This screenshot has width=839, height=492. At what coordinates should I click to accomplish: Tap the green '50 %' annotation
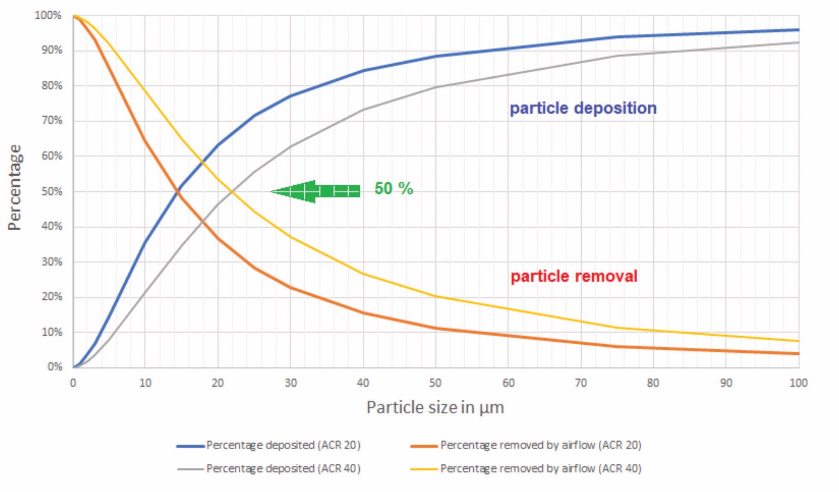coord(393,188)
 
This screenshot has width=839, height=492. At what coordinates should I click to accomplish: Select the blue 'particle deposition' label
coord(583,108)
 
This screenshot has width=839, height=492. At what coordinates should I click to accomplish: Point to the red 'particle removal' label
coord(574,276)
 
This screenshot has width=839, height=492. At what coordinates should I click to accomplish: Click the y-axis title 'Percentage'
coord(15,187)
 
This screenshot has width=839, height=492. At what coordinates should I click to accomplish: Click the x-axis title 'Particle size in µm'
coord(435,407)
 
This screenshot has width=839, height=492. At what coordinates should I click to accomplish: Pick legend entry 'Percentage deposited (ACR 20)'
coord(283,445)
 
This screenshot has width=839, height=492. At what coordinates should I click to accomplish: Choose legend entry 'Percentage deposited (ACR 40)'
coord(283,469)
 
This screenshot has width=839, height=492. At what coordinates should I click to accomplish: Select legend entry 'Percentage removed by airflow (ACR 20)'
coord(541,445)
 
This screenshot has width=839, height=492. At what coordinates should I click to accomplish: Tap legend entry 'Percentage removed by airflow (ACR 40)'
coord(541,469)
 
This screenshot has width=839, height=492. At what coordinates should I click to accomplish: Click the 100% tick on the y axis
coord(48,15)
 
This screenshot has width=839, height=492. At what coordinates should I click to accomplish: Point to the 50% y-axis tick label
coord(52,191)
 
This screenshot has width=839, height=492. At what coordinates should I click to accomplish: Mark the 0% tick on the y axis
coord(55,367)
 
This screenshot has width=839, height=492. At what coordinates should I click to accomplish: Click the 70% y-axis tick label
coord(52,121)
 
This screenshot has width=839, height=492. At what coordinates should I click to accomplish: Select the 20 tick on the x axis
coord(218,383)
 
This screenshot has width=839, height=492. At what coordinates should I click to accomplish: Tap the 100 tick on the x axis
coord(798,383)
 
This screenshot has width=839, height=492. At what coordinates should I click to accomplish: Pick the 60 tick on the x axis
coord(508,383)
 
